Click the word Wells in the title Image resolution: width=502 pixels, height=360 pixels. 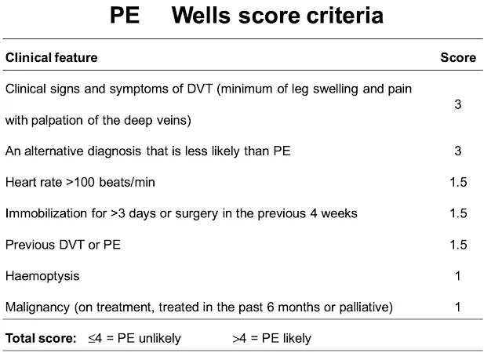pyautogui.click(x=201, y=15)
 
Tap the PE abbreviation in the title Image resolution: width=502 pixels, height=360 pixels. pyautogui.click(x=125, y=15)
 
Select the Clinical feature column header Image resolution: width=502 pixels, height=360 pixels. pyautogui.click(x=52, y=57)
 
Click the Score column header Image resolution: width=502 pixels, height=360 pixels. pyautogui.click(x=458, y=57)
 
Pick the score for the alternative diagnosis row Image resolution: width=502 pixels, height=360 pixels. pyautogui.click(x=458, y=151)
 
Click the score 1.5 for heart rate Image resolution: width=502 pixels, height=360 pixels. pyautogui.click(x=458, y=182)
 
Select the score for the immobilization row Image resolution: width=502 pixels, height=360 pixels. pyautogui.click(x=458, y=213)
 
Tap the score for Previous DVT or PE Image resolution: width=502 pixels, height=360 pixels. pyautogui.click(x=458, y=245)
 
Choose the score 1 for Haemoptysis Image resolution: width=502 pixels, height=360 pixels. pyautogui.click(x=458, y=275)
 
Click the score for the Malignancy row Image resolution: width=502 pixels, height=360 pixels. pyautogui.click(x=458, y=307)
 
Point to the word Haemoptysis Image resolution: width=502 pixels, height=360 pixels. pyautogui.click(x=42, y=276)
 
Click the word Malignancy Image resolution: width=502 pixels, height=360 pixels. pyautogui.click(x=38, y=307)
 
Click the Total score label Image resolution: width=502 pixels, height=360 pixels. pyautogui.click(x=41, y=338)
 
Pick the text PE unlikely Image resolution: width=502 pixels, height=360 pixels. pyautogui.click(x=149, y=338)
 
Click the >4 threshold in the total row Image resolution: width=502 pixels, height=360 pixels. pyautogui.click(x=239, y=338)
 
